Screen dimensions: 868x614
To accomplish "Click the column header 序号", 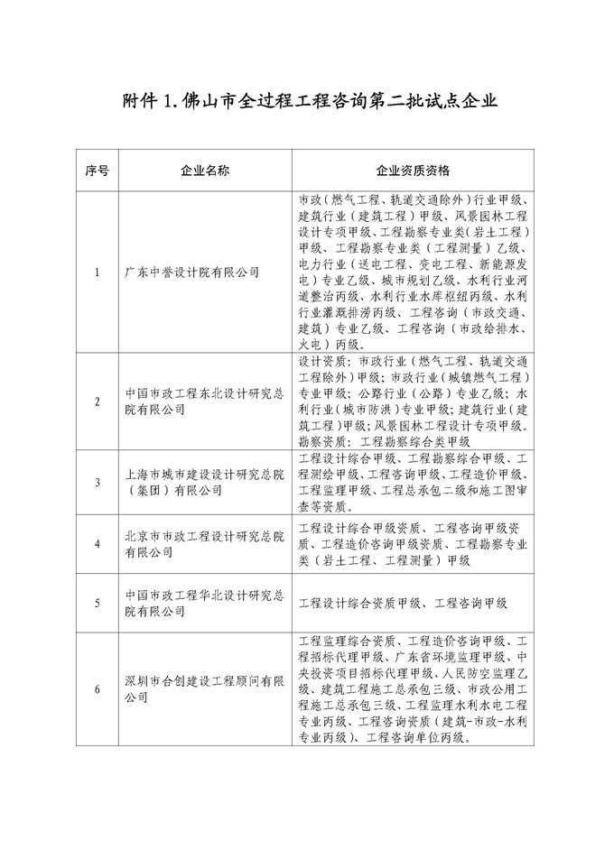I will pos(97,171).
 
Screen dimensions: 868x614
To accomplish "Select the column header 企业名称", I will pos(206,171).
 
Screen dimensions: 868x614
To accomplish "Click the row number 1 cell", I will pos(97,271).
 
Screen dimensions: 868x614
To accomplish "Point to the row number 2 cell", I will pos(97,402).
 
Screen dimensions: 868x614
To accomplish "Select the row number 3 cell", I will pos(97,483).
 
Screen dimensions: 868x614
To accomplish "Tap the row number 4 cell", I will pos(97,544).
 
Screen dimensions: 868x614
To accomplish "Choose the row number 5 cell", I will pos(97,603).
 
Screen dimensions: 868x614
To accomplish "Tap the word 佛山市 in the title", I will pos(210,99).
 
